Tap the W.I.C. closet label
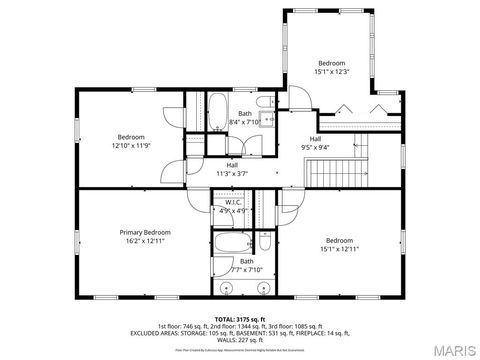(233, 202)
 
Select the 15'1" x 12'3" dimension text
(331, 71)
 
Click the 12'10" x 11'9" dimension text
(131, 146)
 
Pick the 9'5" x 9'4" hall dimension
(315, 147)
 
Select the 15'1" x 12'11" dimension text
(339, 248)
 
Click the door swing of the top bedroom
(300, 98)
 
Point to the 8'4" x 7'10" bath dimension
(245, 122)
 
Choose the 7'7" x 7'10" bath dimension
(246, 269)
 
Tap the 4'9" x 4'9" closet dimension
(233, 211)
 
